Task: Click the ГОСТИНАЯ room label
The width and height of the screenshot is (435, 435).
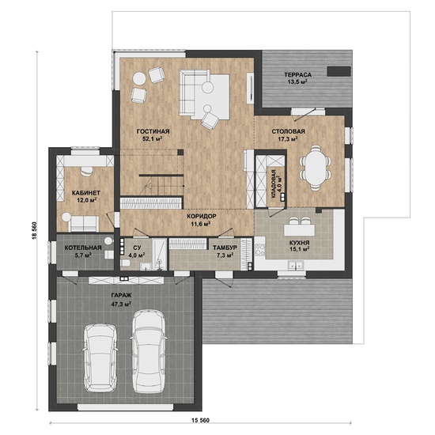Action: [x=153, y=131]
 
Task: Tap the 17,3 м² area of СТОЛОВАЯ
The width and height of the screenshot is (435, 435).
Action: [x=288, y=138]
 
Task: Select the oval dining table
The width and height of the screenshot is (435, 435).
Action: [x=315, y=168]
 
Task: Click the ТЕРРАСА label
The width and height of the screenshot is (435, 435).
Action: [x=297, y=74]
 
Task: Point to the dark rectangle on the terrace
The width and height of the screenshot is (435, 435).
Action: [x=339, y=71]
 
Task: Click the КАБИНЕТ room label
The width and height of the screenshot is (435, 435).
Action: [x=85, y=193]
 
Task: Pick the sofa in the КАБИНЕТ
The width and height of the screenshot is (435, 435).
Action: [x=84, y=224]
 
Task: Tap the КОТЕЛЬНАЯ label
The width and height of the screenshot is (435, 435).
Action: [x=83, y=248]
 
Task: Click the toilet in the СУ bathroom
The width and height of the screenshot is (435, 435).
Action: [x=126, y=263]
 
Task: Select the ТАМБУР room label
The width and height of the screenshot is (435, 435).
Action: [x=225, y=248]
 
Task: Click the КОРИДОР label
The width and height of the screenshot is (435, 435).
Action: [x=202, y=216]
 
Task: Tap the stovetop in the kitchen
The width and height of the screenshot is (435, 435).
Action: [x=260, y=249]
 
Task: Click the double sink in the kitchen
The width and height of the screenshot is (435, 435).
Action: [x=296, y=266]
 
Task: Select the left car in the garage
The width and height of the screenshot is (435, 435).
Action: [x=100, y=357]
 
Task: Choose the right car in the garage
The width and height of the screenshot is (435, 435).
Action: [x=149, y=351]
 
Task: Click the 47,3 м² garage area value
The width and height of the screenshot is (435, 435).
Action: [x=121, y=304]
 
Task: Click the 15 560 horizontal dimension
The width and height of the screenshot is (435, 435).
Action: [x=200, y=420]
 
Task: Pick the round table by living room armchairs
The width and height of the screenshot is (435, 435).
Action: [x=139, y=78]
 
